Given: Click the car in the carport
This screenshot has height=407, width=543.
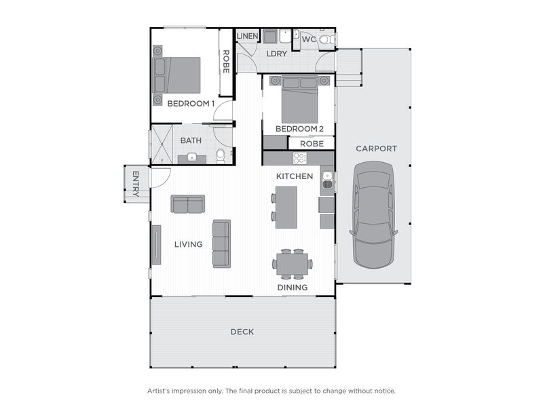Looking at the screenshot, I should point(373,217).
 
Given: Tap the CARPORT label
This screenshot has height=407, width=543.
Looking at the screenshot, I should point(376,149).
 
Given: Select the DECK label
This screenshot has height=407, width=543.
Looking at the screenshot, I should point(242,332).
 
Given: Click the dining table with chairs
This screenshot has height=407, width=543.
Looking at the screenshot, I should point(293,264).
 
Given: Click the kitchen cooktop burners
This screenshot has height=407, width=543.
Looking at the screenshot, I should point(299,158).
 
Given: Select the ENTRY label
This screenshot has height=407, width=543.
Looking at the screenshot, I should point(135,184).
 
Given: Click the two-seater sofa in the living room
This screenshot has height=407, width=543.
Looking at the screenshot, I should point(188,203).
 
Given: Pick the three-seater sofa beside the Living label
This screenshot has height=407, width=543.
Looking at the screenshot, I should point(221,243).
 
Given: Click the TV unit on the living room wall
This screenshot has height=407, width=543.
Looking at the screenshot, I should point(156,244).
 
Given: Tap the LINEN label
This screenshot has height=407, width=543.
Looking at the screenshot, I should point(246,35).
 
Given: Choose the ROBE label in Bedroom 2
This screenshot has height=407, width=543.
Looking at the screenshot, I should point(312,144).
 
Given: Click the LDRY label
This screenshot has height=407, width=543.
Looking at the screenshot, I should point(277,53).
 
